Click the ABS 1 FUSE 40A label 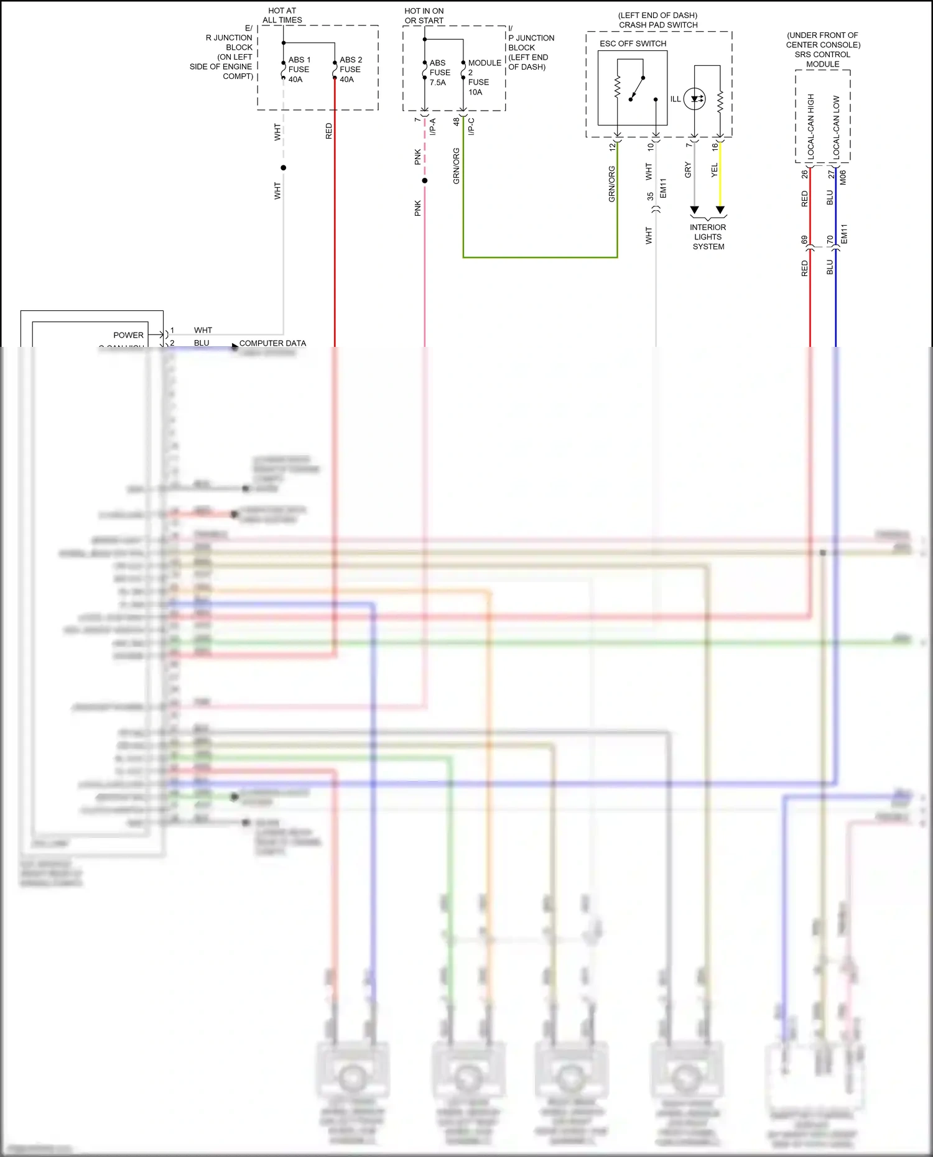[299, 70]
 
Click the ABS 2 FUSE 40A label [350, 70]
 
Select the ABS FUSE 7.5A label [439, 73]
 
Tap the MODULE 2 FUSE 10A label [484, 77]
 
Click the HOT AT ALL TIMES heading [282, 16]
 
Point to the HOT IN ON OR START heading [424, 16]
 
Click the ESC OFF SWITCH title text [633, 44]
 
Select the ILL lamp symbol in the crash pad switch [695, 99]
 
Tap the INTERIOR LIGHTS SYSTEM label [708, 237]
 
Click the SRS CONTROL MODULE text [822, 59]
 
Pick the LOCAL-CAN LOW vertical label [836, 126]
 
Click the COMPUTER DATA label [272, 343]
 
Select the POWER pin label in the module [128, 335]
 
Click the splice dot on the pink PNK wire [425, 181]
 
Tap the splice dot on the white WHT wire [284, 168]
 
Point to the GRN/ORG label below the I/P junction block [457, 166]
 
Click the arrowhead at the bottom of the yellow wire [720, 210]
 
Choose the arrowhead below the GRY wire [695, 210]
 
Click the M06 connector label [843, 178]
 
